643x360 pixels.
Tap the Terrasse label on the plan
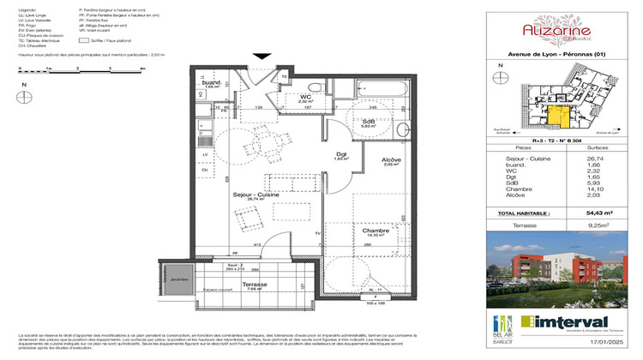[x=255, y=284]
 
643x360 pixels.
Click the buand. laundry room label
[x=211, y=83]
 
